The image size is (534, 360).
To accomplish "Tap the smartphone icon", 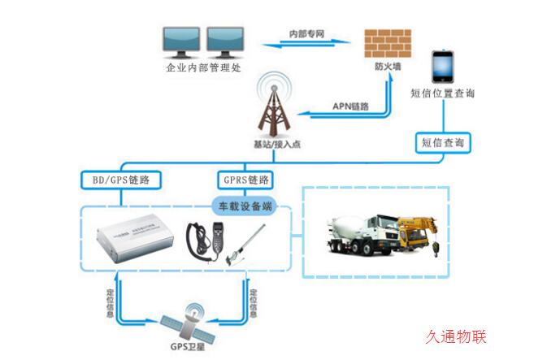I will [x=443, y=66].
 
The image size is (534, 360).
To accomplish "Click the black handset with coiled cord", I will [x=199, y=241].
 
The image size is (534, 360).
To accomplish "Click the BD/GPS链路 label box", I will [x=120, y=178].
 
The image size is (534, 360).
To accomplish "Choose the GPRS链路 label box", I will [x=245, y=178].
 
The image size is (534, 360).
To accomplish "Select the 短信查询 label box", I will [x=443, y=142].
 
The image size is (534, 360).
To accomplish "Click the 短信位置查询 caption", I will [x=443, y=93].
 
